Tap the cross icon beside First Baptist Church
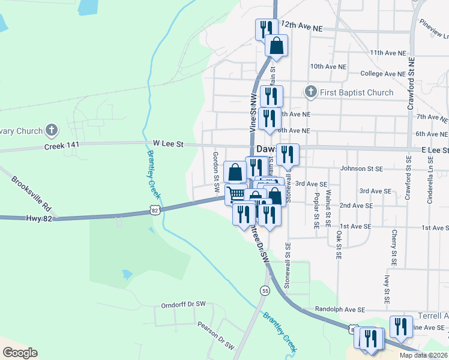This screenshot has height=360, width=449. [x=310, y=92]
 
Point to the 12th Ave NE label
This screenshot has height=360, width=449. [x=301, y=28]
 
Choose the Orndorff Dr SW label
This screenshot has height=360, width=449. [x=183, y=305]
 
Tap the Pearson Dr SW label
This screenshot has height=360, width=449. [x=215, y=334]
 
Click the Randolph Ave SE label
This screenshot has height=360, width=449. [x=340, y=310]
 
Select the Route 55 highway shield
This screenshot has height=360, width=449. [x=265, y=290]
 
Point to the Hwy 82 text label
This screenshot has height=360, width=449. [x=40, y=219]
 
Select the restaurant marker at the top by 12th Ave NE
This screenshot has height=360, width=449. [x=265, y=28]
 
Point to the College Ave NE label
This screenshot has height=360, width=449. [x=387, y=74]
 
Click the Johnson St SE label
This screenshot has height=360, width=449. [x=361, y=169]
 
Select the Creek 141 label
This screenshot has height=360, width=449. [x=62, y=146]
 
